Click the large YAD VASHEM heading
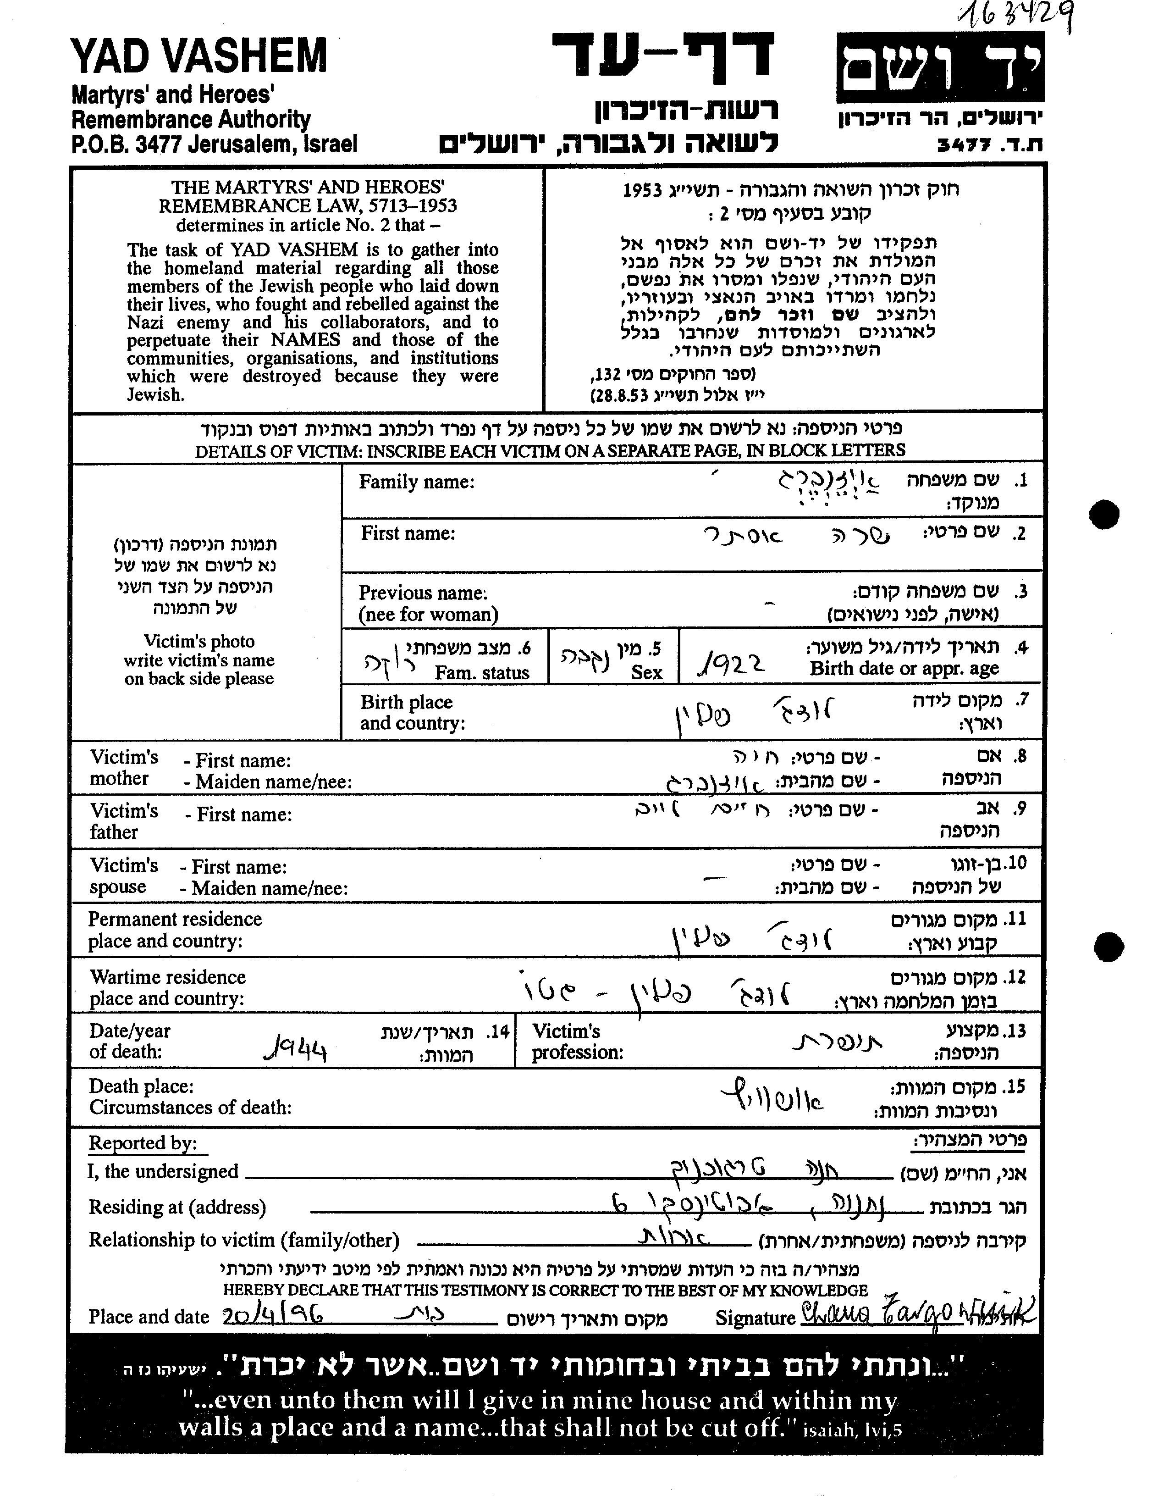(x=199, y=56)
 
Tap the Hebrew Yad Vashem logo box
(x=939, y=67)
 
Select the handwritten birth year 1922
(x=730, y=662)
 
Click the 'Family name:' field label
(x=416, y=482)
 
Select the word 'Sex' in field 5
(x=646, y=672)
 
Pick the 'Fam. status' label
(x=481, y=673)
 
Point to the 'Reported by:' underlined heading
(x=143, y=1143)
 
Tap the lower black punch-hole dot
(x=1108, y=947)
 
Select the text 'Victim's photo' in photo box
(x=199, y=641)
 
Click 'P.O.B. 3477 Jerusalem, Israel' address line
(x=214, y=144)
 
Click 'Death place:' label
(x=141, y=1086)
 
